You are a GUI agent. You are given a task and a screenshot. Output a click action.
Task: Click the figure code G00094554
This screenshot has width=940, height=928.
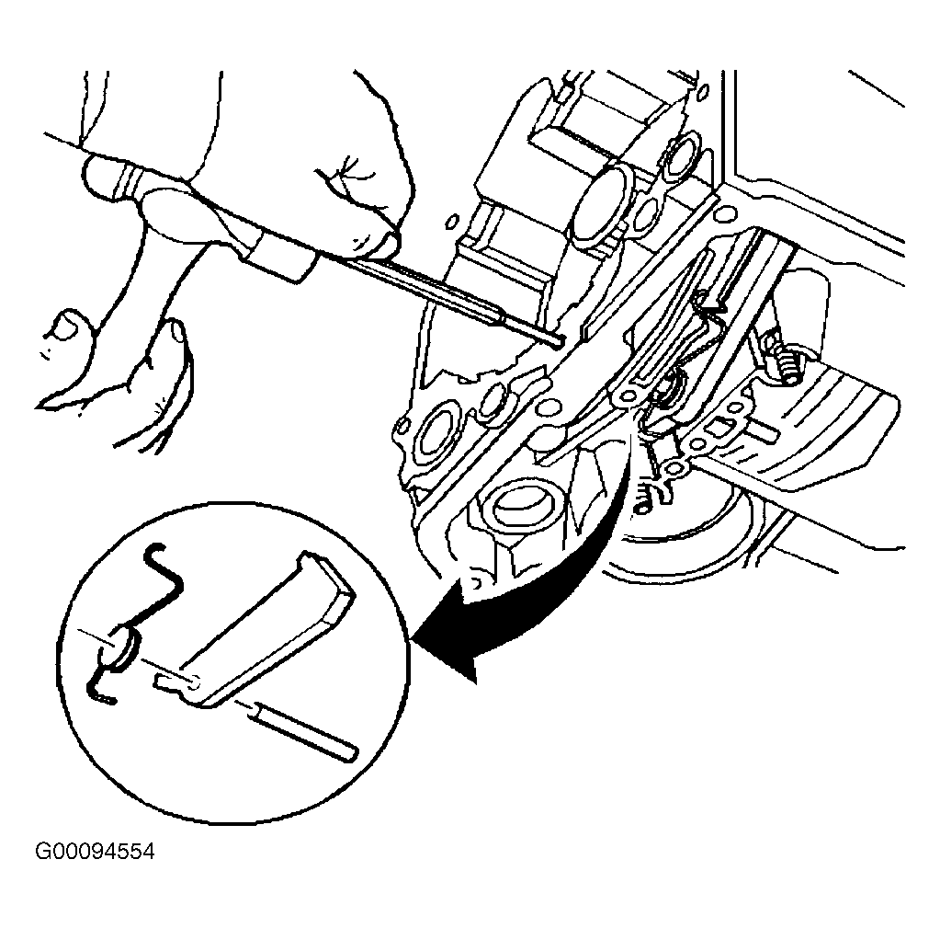95,852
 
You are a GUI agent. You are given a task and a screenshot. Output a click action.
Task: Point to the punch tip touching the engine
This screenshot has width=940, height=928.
557,341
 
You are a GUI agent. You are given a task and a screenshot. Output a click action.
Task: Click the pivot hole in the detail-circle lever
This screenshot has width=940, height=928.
194,682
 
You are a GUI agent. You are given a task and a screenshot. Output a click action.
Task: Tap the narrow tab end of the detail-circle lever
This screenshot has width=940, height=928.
169,682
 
